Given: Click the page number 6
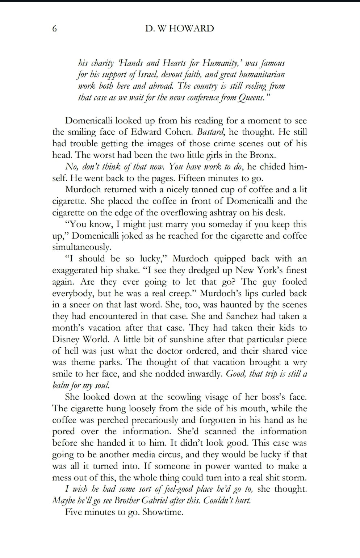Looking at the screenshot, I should click(55, 29).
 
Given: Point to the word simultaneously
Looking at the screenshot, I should click(81, 247).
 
